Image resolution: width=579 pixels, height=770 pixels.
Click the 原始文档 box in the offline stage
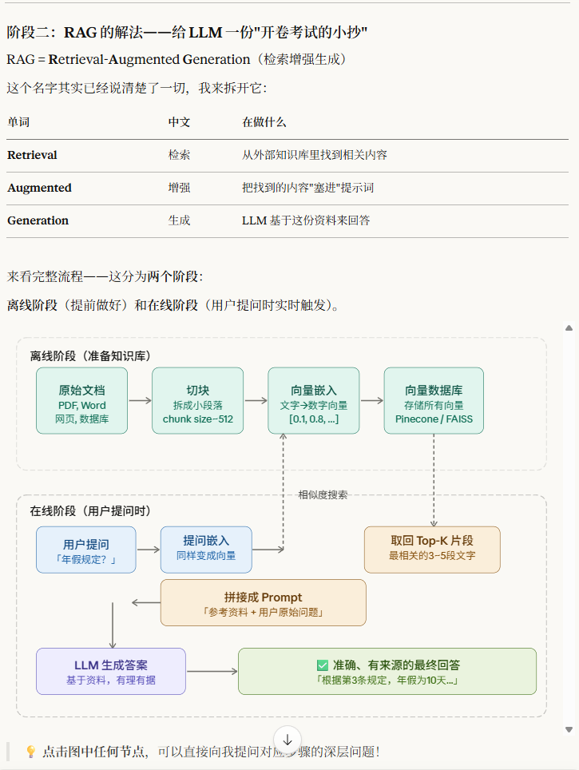pos(81,400)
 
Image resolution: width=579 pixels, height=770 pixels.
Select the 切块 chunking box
pos(197,400)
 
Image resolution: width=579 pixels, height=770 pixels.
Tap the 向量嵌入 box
pos(313,400)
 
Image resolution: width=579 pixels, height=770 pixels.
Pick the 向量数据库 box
pos(434,400)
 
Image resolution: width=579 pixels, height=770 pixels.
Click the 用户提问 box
pos(85,550)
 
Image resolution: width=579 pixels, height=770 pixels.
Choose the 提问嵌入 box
pos(206,550)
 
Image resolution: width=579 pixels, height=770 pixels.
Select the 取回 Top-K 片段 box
pos(432,550)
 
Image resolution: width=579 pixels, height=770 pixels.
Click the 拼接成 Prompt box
pos(263,602)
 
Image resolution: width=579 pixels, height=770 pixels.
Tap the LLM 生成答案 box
pos(111,671)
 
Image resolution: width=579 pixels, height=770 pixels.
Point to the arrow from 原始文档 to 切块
pos(140,401)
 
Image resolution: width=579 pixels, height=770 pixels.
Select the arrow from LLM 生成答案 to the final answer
pos(212,671)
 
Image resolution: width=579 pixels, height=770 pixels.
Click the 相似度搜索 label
pos(323,494)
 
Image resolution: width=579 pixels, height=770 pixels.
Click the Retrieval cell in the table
pos(32,155)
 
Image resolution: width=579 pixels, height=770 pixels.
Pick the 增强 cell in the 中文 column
pos(179,188)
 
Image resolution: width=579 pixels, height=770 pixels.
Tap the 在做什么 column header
pos(264,122)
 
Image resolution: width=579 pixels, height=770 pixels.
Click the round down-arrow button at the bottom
pos(288,740)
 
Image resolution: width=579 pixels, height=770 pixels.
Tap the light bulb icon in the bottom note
pos(31,752)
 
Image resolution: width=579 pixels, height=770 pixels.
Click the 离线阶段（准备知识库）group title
pos(90,355)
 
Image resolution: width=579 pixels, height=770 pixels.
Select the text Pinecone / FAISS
pos(434,419)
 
